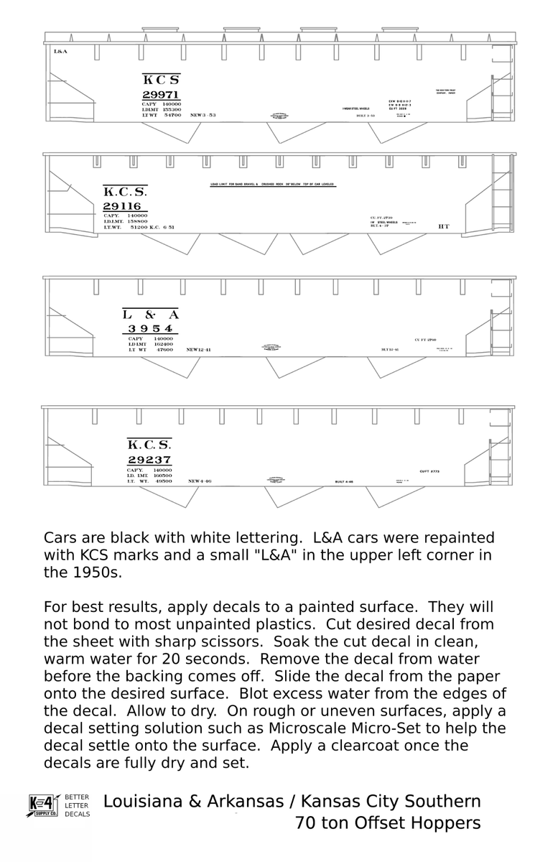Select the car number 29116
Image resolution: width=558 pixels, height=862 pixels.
[122, 206]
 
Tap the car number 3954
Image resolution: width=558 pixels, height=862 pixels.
[150, 329]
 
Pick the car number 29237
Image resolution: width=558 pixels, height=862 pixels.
[149, 460]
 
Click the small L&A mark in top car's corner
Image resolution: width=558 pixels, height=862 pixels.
[60, 52]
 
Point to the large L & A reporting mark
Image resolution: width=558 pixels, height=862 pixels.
[150, 315]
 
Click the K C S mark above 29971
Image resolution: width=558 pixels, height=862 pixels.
[161, 80]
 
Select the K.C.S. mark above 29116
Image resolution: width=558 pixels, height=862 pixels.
[125, 192]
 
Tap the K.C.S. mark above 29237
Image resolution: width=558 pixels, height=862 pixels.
[149, 445]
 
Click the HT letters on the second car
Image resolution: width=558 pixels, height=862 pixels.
[443, 226]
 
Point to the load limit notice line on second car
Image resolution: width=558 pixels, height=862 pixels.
[272, 185]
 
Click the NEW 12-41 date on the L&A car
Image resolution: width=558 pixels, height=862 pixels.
[198, 350]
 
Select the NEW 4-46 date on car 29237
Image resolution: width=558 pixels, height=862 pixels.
[200, 481]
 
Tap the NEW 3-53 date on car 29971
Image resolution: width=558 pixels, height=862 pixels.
[203, 115]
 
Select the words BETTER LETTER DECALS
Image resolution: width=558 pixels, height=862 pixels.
[77, 805]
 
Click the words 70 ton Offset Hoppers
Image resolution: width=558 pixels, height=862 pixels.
[388, 823]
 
